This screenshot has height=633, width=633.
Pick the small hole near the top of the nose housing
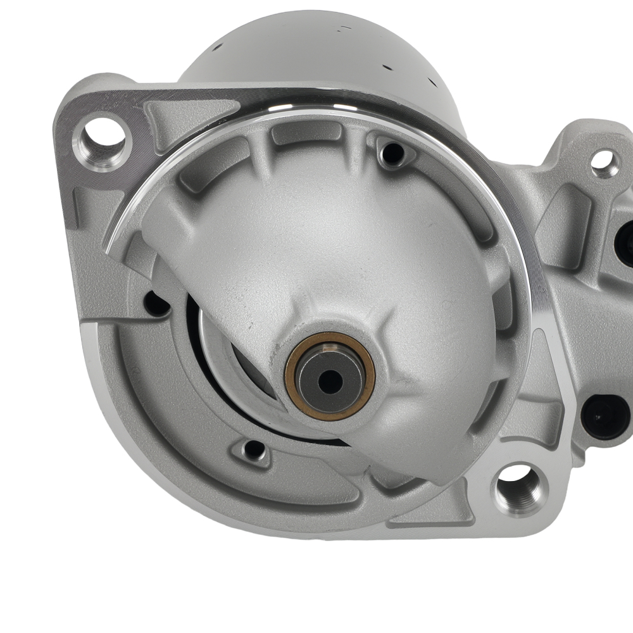coord(393,153)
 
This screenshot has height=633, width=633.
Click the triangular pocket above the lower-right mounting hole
coord(538,418)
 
